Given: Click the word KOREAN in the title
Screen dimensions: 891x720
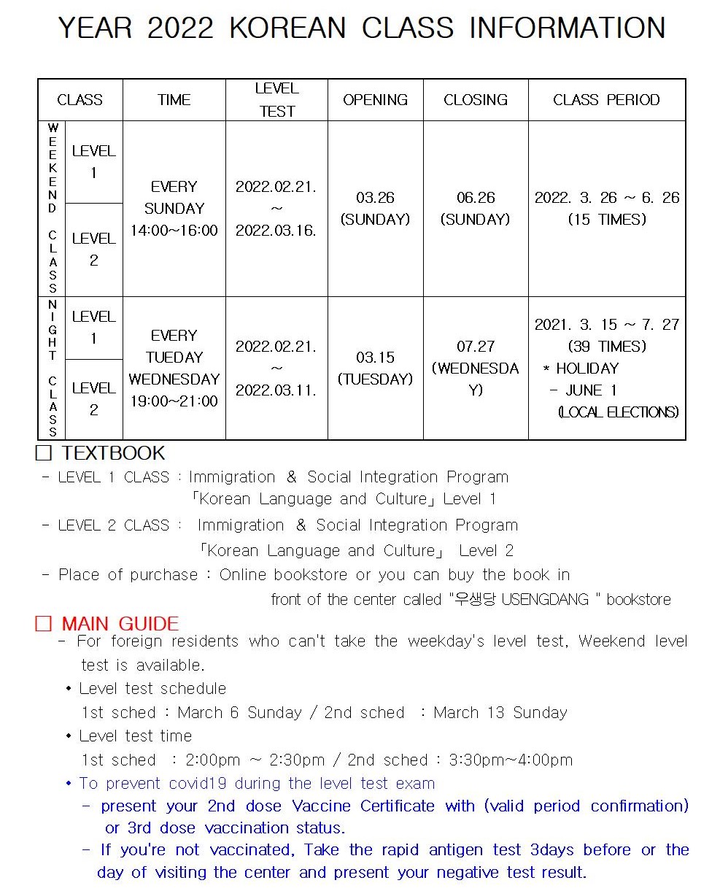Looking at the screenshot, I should click(287, 28).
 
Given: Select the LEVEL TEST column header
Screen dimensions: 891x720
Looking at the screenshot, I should click(276, 100).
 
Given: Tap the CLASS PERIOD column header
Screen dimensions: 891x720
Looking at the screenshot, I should click(606, 100).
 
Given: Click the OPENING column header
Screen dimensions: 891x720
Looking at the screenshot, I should click(375, 100).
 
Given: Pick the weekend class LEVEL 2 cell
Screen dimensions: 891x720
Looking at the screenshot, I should click(93, 250).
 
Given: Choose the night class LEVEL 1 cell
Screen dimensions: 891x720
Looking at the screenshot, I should click(93, 328).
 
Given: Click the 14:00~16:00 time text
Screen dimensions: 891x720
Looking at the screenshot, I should click(174, 231).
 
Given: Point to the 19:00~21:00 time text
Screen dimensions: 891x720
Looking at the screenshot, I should click(174, 401).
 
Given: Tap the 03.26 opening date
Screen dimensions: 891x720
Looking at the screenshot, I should click(375, 198).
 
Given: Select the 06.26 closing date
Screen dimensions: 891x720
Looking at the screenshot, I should click(476, 198).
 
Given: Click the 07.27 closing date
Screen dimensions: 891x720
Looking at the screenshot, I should click(476, 347).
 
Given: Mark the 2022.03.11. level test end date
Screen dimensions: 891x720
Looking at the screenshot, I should click(276, 390).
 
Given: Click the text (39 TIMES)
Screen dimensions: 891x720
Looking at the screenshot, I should click(607, 347).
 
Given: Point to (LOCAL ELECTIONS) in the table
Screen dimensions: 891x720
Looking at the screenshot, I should click(618, 413).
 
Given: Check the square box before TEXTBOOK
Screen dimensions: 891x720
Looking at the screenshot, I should click(44, 453).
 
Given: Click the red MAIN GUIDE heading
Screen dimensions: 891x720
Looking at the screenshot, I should click(120, 624).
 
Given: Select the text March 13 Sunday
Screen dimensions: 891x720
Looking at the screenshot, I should click(500, 712).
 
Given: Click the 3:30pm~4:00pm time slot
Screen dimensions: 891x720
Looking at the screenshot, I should click(511, 760).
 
